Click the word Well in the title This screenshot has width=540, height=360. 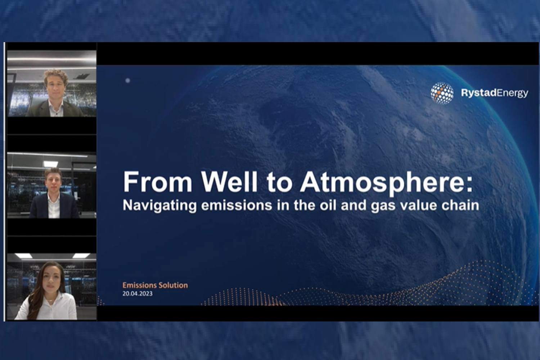pos(229,182)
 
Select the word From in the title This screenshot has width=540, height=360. pos(158,182)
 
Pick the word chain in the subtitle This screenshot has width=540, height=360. pos(462,205)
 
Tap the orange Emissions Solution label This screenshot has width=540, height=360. pos(155,285)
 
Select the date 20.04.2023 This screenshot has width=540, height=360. pos(137,293)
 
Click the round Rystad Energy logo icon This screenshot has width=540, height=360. pos(442,93)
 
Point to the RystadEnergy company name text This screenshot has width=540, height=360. pos(494,93)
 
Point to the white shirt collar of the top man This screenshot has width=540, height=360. pos(55,108)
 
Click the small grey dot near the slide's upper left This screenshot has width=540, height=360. pos(127,81)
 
